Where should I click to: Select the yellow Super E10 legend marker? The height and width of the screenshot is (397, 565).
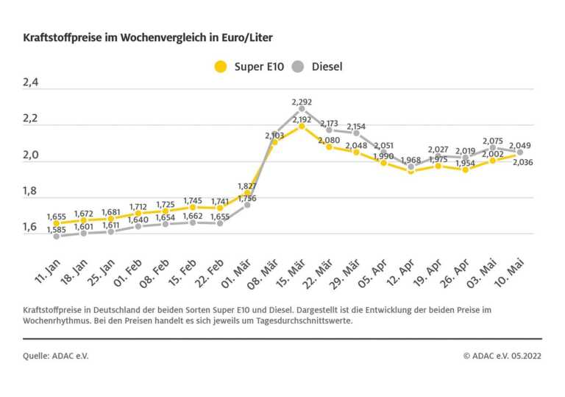pos(219,67)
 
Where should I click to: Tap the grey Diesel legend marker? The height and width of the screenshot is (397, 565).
pos(297,67)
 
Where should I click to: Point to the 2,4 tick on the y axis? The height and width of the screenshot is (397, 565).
pos(30,83)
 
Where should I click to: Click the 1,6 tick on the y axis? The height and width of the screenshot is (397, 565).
pos(30,227)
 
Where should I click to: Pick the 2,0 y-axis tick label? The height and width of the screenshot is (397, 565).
pos(30,155)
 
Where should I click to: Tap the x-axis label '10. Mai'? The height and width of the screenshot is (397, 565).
pos(511,264)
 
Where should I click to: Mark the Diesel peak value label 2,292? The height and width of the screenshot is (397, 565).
pos(302,102)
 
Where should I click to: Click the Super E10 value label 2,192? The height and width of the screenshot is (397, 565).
pos(302,119)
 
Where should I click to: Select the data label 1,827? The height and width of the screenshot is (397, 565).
pos(246,185)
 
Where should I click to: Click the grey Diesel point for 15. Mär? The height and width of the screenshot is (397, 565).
pos(302,109)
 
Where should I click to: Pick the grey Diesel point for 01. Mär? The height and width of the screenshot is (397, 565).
pos(247,204)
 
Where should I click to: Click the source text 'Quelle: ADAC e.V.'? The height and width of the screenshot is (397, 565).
pos(55,355)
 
